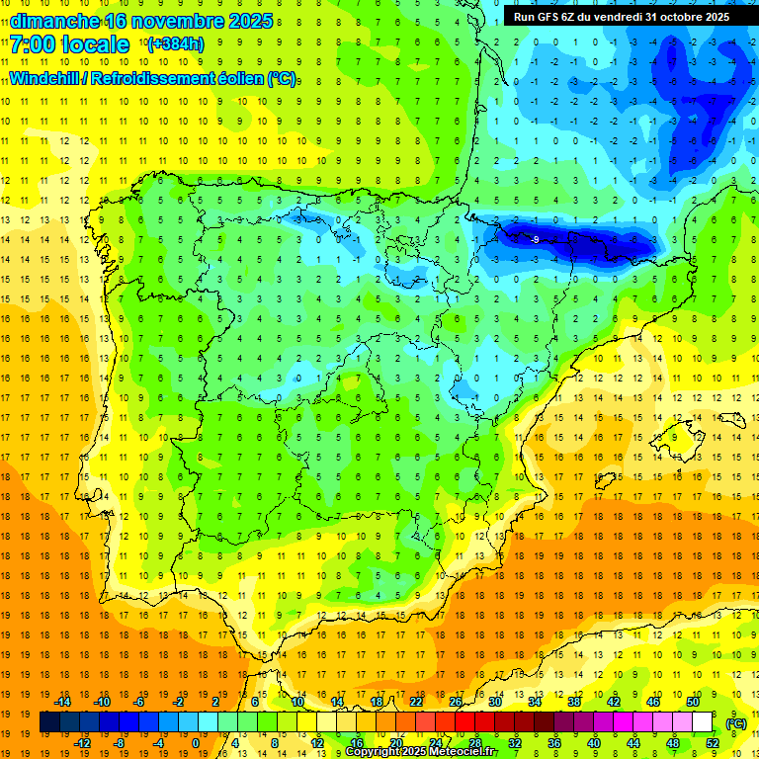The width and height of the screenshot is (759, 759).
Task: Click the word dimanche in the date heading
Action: tap(53, 21)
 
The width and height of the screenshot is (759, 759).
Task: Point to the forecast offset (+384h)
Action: tap(175, 44)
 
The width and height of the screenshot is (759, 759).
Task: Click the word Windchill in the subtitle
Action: tap(47, 78)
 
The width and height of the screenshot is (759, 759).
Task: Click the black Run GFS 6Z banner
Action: tap(622, 17)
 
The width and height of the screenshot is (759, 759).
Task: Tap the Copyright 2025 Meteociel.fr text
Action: tap(421, 752)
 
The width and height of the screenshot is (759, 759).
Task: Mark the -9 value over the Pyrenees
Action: tap(535, 239)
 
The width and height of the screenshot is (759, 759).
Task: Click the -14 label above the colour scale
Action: tap(62, 702)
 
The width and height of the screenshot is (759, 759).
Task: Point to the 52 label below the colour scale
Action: tap(713, 743)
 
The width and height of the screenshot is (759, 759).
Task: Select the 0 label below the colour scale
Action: tap(196, 743)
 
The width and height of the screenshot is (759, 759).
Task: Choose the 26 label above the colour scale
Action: tap(456, 702)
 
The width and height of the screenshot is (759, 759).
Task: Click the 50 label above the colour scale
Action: tap(692, 702)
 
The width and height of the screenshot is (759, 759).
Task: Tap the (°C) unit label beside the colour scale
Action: tap(735, 723)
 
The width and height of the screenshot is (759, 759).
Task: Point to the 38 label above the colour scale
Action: tap(573, 702)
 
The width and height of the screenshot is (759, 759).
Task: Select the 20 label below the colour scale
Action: tap(395, 743)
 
